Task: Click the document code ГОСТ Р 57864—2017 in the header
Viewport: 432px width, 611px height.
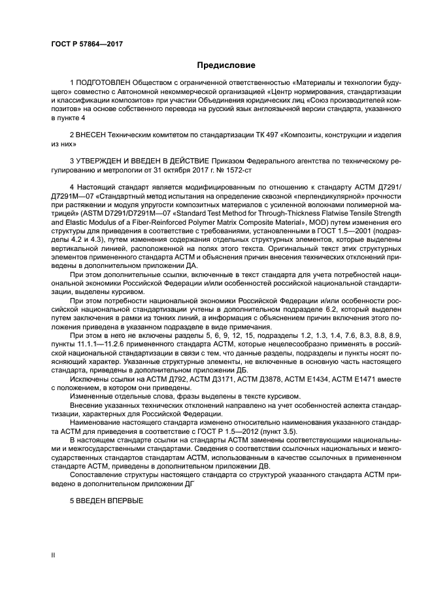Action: tap(86, 43)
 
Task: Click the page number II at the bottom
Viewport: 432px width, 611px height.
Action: tap(54, 555)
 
